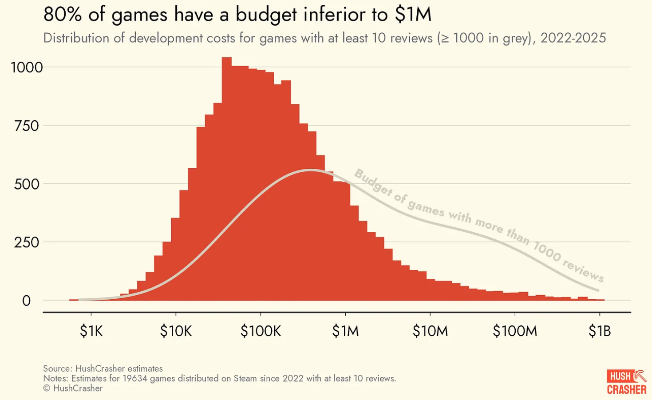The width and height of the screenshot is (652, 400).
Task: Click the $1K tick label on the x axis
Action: [91, 331]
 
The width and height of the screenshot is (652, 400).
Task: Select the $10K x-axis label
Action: [176, 331]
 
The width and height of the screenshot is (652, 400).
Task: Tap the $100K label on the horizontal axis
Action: [261, 331]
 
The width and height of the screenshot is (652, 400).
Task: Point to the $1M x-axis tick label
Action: [345, 331]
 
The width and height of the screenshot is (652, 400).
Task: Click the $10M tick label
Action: [430, 331]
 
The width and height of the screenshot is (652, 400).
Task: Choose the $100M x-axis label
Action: [515, 331]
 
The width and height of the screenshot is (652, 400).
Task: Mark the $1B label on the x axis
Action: [600, 331]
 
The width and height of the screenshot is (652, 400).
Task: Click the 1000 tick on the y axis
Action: [27, 67]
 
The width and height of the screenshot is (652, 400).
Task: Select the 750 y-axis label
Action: [27, 126]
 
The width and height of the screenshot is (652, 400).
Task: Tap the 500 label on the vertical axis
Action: [27, 184]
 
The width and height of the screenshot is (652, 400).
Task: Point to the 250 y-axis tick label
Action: [27, 243]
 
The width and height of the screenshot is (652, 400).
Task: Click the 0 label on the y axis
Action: [27, 301]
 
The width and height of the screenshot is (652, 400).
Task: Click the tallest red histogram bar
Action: [226, 178]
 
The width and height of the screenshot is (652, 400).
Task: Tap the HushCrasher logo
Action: [626, 382]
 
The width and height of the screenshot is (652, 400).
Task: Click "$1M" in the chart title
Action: [413, 15]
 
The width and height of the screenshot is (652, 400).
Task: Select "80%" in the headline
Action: [63, 15]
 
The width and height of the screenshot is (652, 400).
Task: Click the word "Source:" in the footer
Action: [58, 368]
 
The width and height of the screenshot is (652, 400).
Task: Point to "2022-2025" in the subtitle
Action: [573, 38]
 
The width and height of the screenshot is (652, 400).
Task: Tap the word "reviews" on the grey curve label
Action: [583, 269]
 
